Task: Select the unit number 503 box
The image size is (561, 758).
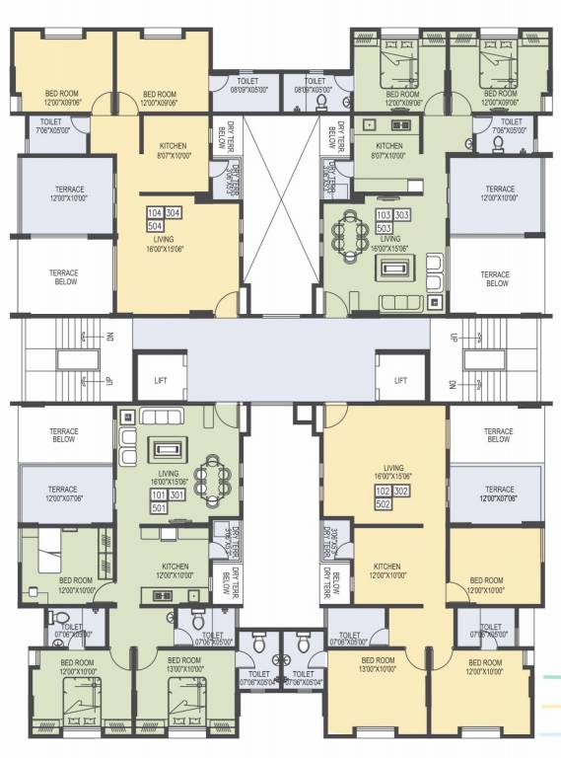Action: tap(384, 226)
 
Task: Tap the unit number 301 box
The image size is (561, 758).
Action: tap(175, 493)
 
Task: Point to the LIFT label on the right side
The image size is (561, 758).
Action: tap(400, 380)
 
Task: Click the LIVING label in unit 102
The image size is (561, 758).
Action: tap(393, 468)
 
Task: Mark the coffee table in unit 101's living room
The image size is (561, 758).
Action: tap(161, 450)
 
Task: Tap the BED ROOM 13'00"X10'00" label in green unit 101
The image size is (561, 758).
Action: tap(184, 663)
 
